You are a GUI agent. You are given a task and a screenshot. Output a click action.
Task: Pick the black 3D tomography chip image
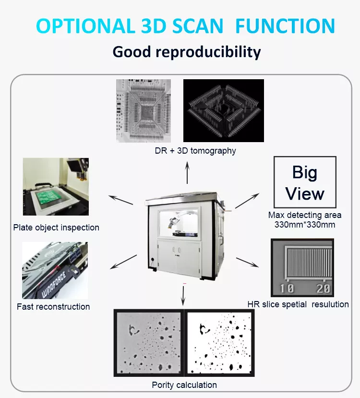[224, 110]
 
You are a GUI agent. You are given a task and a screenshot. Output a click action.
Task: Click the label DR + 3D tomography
[195, 151]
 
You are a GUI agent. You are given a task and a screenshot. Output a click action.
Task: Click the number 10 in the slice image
[287, 288]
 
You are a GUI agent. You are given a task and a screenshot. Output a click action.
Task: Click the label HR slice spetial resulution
[298, 304]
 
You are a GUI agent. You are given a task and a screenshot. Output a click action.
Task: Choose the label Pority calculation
[184, 385]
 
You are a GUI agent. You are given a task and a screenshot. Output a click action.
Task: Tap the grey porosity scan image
[149, 342]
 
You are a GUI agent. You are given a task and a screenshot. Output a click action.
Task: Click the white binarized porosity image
[219, 342]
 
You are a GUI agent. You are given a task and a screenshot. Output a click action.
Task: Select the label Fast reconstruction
[53, 307]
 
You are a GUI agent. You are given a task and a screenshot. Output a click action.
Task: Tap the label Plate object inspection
[56, 228]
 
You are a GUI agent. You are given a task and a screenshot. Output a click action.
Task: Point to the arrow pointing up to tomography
[187, 172]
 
